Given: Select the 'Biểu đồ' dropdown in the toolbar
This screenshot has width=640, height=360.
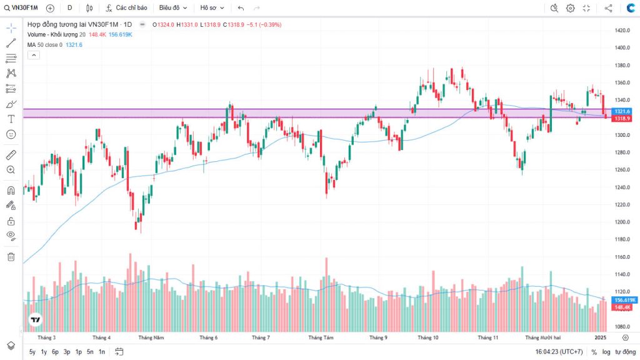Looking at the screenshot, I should (172, 8).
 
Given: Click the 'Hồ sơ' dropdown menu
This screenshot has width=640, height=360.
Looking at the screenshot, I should (212, 8).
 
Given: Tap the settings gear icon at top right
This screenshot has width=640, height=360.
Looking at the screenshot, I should (570, 8).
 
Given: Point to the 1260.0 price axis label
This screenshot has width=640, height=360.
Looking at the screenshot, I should (621, 169).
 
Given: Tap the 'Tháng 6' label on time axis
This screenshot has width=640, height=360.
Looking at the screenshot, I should (208, 337).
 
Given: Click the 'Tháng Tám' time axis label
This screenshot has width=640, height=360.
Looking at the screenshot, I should (319, 337).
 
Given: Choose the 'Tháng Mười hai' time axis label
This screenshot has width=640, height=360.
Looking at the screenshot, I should (542, 337).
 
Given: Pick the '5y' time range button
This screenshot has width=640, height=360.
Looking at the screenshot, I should (32, 352).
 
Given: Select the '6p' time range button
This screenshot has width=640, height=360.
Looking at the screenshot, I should (55, 352).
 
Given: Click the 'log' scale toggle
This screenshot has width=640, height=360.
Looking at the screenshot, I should (606, 352).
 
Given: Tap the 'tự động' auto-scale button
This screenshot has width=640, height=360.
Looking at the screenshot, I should (625, 352).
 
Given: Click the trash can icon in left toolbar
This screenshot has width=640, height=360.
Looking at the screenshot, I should (11, 256).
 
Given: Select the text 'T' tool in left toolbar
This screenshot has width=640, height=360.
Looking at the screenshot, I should (11, 119).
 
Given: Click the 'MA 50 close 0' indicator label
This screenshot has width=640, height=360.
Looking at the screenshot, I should (44, 44).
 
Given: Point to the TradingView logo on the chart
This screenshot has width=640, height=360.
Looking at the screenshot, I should (36, 319).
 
